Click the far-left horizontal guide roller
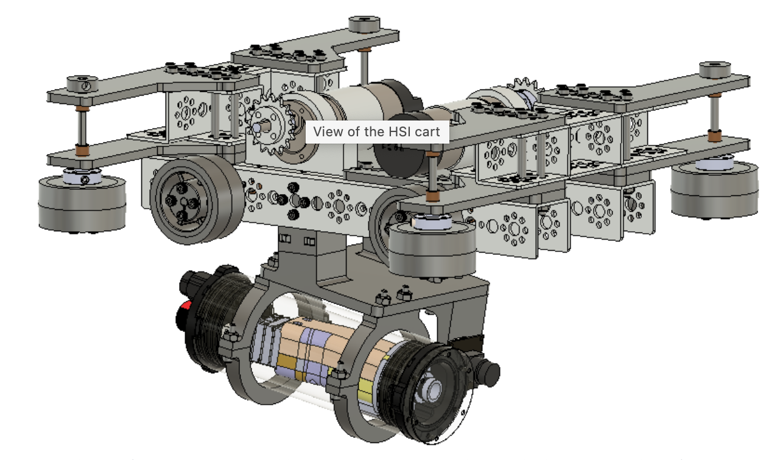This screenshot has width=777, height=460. [x=82, y=202]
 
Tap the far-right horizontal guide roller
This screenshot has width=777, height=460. [x=714, y=190]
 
